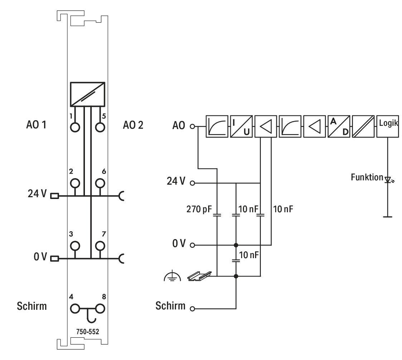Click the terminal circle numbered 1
pos(75,127)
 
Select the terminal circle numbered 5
pos(100,127)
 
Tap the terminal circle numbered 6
pos(100,183)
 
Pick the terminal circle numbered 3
pos(75,246)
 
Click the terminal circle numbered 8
pos(100,309)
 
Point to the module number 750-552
pos(87,332)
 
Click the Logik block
pos(387,127)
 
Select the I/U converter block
pos(241,127)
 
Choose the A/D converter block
pos(339,127)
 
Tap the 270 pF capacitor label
pos(199,209)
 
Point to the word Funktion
pos(367,177)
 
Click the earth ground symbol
pos(172,276)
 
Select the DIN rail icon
pos(200,276)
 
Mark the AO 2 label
pos(133,125)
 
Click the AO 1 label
pos(36,125)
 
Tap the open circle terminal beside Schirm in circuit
pos(192,309)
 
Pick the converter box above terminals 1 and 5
pos(88,94)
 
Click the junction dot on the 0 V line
pos(236,245)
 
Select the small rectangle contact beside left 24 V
pos(54,196)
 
